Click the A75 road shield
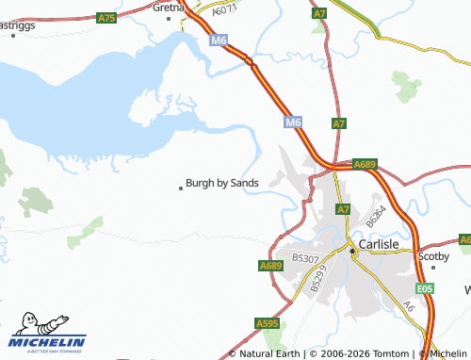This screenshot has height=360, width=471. (107, 18)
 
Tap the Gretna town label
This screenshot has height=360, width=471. (169, 7)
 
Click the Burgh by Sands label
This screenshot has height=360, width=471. (222, 183)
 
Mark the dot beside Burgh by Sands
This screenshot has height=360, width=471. (181, 188)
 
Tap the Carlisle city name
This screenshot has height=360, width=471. (387, 243)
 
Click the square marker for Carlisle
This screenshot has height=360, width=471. (354, 251)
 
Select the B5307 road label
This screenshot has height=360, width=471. (305, 256)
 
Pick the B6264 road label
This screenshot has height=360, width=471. (377, 215)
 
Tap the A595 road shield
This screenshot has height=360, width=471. (268, 323)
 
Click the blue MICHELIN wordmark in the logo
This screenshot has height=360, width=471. (48, 341)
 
